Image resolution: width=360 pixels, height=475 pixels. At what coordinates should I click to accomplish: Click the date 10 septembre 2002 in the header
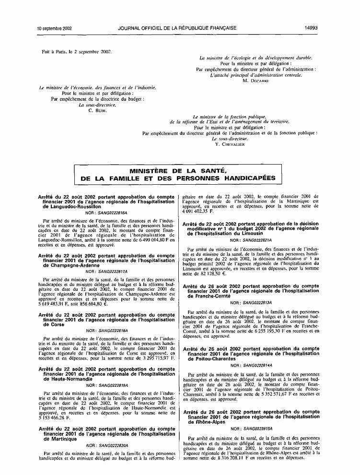point(54,28)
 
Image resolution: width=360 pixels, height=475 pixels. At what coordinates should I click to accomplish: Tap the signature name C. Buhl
point(97,110)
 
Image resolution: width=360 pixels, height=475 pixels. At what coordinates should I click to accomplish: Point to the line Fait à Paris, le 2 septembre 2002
point(77,51)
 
